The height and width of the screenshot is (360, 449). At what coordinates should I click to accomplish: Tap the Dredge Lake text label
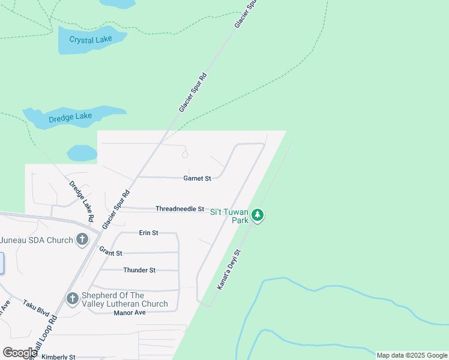[70, 116]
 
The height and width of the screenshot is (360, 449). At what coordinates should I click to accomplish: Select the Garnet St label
[197, 178]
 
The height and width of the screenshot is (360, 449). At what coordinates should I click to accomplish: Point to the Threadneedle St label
[180, 209]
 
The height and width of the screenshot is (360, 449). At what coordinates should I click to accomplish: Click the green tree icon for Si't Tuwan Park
[258, 215]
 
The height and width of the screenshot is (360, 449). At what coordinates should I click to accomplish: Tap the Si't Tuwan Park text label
[229, 216]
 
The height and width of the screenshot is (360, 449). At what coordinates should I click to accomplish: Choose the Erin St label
[148, 233]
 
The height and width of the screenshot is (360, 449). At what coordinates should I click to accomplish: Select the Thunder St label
[139, 270]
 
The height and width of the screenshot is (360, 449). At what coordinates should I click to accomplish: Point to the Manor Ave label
[130, 313]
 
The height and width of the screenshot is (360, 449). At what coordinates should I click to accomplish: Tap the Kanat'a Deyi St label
[229, 270]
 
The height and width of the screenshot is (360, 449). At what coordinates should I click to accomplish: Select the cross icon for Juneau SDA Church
[83, 240]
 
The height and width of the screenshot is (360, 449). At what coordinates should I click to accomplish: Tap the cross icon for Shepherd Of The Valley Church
[72, 299]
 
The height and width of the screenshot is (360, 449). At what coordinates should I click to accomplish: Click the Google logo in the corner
[20, 352]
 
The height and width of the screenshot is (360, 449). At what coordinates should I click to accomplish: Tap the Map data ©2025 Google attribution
[412, 355]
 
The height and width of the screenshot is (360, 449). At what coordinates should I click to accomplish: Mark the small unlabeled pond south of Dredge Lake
[82, 154]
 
